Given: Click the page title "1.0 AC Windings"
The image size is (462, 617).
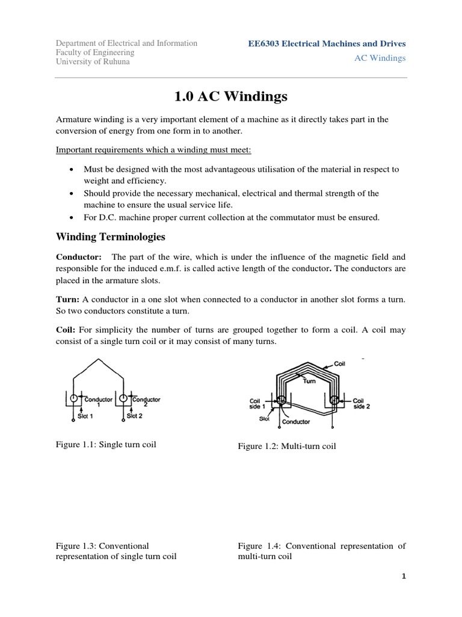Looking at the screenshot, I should (x=230, y=96).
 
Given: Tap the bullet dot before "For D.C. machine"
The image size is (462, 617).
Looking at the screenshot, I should (x=72, y=218).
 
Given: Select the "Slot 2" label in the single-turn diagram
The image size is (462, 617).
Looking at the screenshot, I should (x=135, y=416).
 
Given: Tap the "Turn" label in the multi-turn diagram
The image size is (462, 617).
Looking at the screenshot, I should (x=309, y=380).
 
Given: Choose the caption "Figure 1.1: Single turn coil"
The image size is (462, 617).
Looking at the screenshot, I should (x=111, y=445).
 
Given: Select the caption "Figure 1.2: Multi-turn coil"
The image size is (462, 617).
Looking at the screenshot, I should (x=287, y=446).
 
